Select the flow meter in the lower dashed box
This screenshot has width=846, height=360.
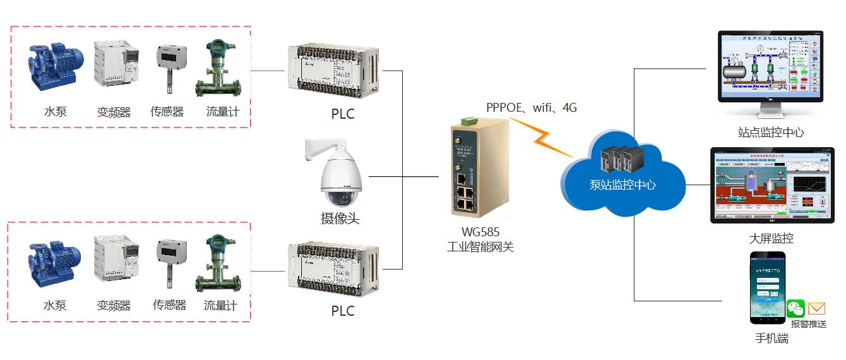tap(220, 262)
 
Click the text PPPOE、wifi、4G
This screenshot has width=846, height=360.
tap(532, 107)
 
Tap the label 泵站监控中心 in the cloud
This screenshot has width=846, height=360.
tap(623, 186)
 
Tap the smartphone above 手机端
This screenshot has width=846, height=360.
tap(767, 288)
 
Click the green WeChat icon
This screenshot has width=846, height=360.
tap(796, 309)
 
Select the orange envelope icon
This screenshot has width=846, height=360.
tap(817, 308)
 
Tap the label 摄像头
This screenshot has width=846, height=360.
tap(340, 219)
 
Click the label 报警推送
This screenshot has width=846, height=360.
tap(809, 324)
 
